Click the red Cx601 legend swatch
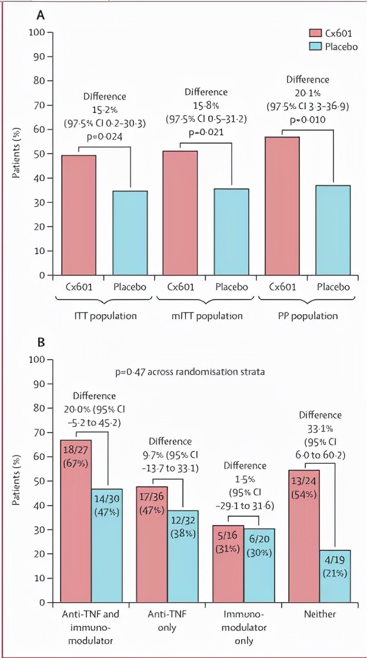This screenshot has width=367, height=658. [316, 33]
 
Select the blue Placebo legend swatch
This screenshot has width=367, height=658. [316, 46]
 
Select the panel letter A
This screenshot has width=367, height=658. [41, 16]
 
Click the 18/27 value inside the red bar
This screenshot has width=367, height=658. [75, 450]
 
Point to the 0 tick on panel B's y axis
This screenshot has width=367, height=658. [41, 603]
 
